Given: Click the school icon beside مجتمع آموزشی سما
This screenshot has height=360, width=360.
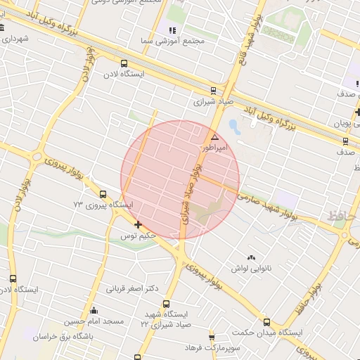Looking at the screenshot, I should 172,30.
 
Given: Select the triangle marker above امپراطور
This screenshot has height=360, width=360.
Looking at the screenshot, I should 214,136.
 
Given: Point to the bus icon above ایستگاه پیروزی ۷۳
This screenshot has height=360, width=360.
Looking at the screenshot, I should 103,194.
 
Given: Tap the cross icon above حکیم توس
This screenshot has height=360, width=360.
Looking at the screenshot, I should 138,225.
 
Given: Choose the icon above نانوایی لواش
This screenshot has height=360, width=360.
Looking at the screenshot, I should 251,257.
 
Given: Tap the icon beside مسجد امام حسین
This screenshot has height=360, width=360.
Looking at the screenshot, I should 94,310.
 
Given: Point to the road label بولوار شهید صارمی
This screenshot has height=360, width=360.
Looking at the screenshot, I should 266,200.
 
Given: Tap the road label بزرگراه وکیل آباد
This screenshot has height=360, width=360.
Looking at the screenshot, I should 280,117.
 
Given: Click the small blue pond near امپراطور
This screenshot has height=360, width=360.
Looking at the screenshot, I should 234,127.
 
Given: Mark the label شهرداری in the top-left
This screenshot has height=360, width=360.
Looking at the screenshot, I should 15,38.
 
